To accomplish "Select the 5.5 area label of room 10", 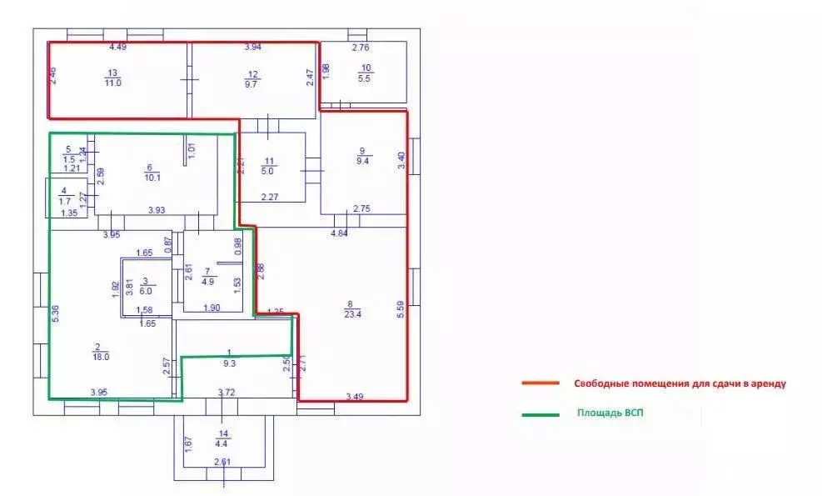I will tap(365, 78).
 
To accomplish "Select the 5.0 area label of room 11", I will tap(269, 170).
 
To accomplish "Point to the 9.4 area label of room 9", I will tap(361, 161).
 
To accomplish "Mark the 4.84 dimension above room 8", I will tap(339, 234).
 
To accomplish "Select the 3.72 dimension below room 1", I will tap(226, 392).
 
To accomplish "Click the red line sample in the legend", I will tap(540, 383).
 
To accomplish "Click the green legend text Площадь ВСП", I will tap(610, 412).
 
